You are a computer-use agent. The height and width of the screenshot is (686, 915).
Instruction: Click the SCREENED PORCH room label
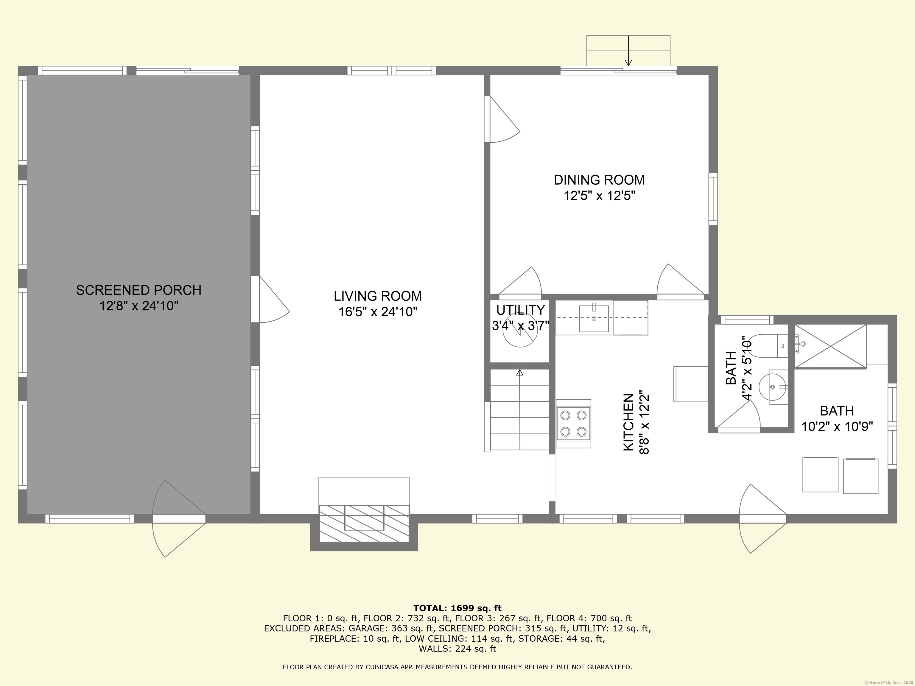139,290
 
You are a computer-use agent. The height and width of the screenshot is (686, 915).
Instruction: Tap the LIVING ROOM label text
378,296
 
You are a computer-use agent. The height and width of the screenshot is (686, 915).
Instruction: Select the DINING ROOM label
599,180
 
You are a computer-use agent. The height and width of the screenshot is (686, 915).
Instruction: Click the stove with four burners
573,423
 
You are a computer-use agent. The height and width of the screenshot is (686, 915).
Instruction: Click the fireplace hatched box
364,523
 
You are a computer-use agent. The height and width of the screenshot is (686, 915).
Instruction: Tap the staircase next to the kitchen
519,409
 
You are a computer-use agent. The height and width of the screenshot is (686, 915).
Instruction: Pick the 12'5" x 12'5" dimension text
599,196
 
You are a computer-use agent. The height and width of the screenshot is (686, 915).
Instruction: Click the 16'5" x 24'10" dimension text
378,312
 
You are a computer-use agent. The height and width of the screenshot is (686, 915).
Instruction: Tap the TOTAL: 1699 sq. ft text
457,608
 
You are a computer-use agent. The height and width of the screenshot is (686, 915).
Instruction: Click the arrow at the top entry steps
628,50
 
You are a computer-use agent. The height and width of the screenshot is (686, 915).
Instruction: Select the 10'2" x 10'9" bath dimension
837,426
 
